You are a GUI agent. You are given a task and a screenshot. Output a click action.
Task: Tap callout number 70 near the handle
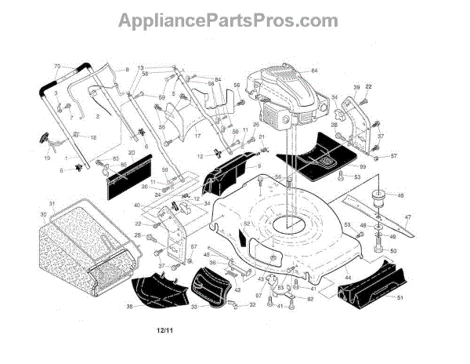pyautogui.click(x=57, y=66)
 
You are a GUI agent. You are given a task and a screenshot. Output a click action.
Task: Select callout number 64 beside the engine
pyautogui.click(x=314, y=71)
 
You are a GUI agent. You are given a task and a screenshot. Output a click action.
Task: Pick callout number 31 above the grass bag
pyautogui.click(x=52, y=205)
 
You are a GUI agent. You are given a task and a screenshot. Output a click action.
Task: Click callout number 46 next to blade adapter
pyautogui.click(x=400, y=196)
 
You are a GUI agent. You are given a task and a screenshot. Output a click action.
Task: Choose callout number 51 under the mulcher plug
pyautogui.click(x=399, y=297)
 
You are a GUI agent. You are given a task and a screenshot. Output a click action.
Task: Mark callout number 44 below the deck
pyautogui.click(x=348, y=278)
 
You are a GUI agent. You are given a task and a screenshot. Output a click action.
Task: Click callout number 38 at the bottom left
pyautogui.click(x=129, y=306)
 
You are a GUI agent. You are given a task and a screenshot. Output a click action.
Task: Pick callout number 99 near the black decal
pyautogui.click(x=363, y=167)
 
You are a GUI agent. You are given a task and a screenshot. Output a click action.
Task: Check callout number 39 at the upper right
pyautogui.click(x=356, y=87)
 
